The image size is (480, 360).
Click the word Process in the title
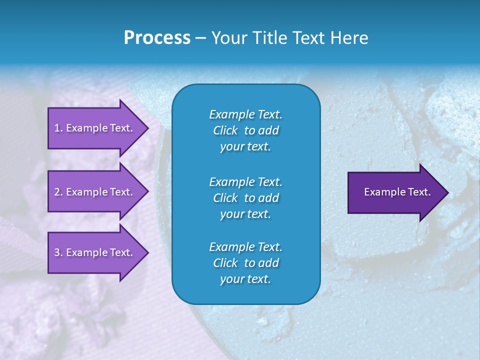pyautogui.click(x=157, y=38)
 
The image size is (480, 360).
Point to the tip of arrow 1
pyautogui.click(x=147, y=128)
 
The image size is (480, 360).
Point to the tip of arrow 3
pyautogui.click(x=147, y=252)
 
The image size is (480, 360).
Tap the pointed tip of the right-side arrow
pyautogui.click(x=447, y=192)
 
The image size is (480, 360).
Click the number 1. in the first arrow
pyautogui.click(x=58, y=128)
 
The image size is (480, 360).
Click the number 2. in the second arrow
pyautogui.click(x=58, y=192)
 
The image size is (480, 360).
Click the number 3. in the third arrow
pyautogui.click(x=58, y=252)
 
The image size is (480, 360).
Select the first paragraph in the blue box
pyautogui.click(x=245, y=130)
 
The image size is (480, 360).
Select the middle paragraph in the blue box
pyautogui.click(x=245, y=198)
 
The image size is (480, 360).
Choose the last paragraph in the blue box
pyautogui.click(x=245, y=263)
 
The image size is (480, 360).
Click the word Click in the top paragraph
pyautogui.click(x=225, y=130)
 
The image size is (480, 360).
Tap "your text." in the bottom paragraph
pyautogui.click(x=245, y=279)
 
